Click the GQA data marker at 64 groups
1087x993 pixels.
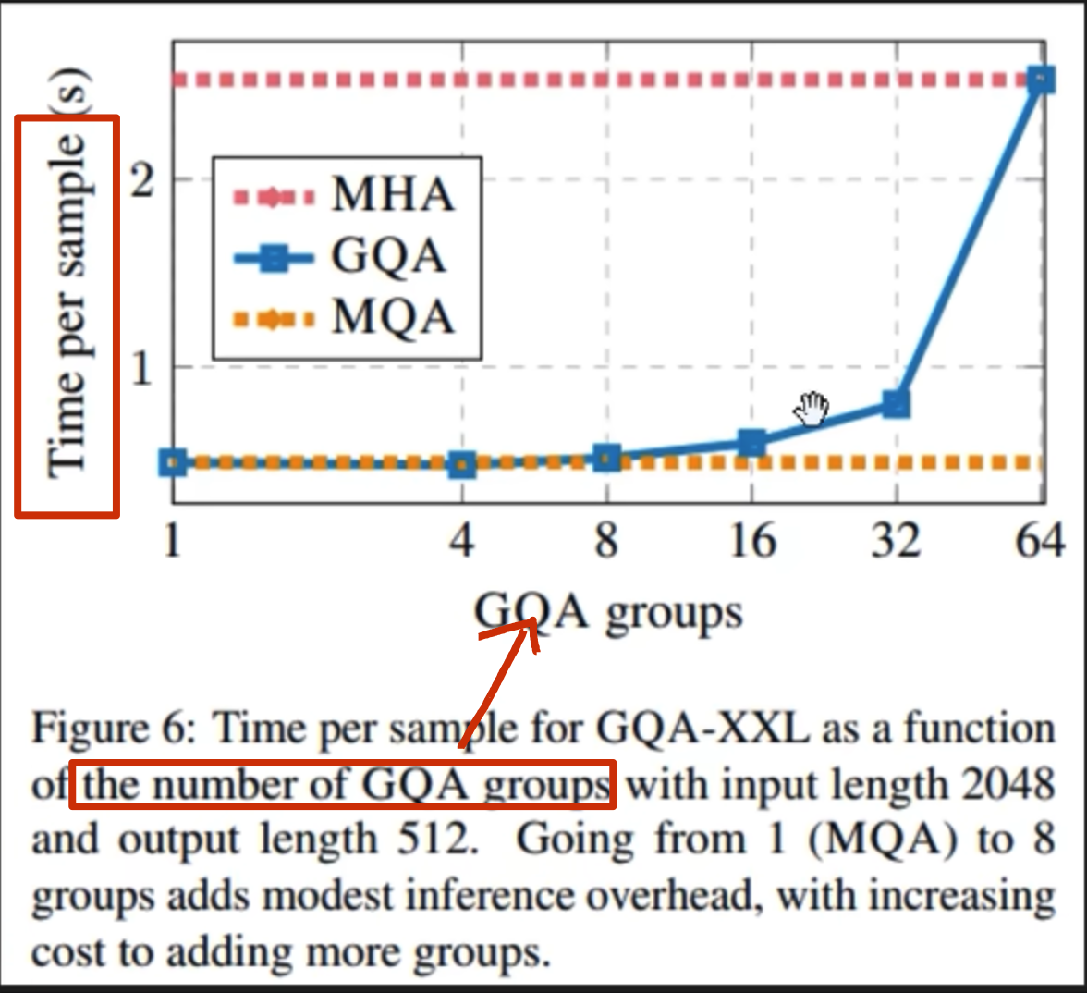click(x=1042, y=80)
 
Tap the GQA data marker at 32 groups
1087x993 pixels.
click(x=896, y=403)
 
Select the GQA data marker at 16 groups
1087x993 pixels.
click(x=752, y=443)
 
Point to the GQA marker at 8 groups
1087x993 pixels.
click(x=606, y=457)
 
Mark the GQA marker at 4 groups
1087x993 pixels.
click(x=462, y=464)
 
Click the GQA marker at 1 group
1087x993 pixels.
click(x=173, y=462)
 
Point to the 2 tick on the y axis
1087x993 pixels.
click(x=142, y=180)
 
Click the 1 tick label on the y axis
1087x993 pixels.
click(x=142, y=368)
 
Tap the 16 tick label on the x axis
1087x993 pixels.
click(x=751, y=541)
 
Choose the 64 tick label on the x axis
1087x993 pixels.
click(x=1039, y=541)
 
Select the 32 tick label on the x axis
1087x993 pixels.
click(x=896, y=541)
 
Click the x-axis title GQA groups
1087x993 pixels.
click(x=608, y=612)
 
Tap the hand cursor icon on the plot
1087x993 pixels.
click(x=812, y=409)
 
